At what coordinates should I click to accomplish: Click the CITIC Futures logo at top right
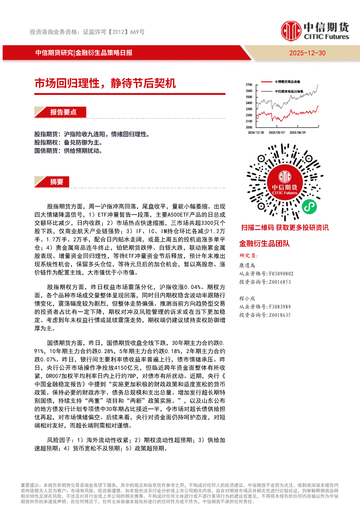(x=315, y=31)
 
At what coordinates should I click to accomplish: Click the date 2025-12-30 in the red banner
(x=307, y=53)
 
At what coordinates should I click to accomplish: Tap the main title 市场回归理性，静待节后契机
(x=105, y=83)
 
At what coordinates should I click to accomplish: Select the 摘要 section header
(x=57, y=182)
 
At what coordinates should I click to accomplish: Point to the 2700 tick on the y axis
(x=249, y=84)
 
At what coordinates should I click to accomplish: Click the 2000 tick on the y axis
(x=249, y=127)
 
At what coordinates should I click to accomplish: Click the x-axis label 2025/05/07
(x=277, y=132)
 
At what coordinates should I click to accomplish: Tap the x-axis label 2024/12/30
(x=256, y=132)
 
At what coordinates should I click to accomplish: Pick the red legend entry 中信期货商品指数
(x=287, y=82)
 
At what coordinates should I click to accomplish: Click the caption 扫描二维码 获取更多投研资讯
(x=285, y=228)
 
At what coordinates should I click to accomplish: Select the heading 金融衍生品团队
(x=265, y=243)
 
